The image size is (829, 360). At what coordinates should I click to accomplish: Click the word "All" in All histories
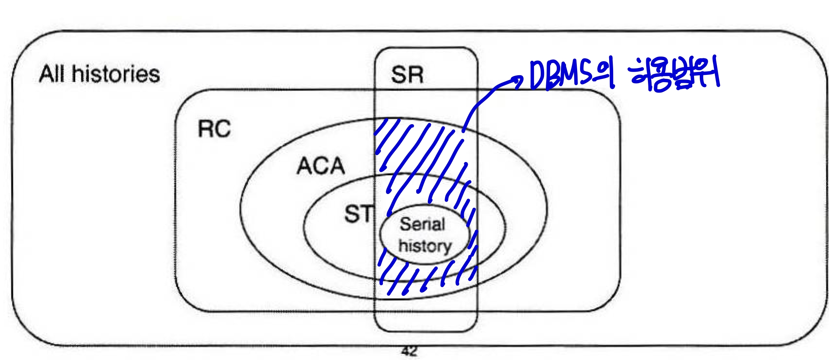click(53, 74)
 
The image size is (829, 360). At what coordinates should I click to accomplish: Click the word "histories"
click(116, 74)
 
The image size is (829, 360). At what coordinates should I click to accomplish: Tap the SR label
click(407, 75)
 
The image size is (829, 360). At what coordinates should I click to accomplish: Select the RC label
click(214, 129)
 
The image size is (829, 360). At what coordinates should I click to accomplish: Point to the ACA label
click(321, 166)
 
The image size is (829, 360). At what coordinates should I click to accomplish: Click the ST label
click(358, 214)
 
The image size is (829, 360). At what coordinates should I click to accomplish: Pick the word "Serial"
click(422, 224)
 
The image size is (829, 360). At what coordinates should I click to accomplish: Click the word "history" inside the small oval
click(425, 246)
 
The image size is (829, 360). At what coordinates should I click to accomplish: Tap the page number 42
click(409, 351)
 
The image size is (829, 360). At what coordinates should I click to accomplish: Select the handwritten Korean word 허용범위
click(675, 75)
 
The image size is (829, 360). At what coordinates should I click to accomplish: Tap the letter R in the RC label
click(205, 129)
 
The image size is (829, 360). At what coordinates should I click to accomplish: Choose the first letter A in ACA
click(305, 166)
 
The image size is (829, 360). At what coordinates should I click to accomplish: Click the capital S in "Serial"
click(406, 224)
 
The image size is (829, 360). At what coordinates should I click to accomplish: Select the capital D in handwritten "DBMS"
click(538, 75)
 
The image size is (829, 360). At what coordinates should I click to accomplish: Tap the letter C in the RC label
click(222, 129)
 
